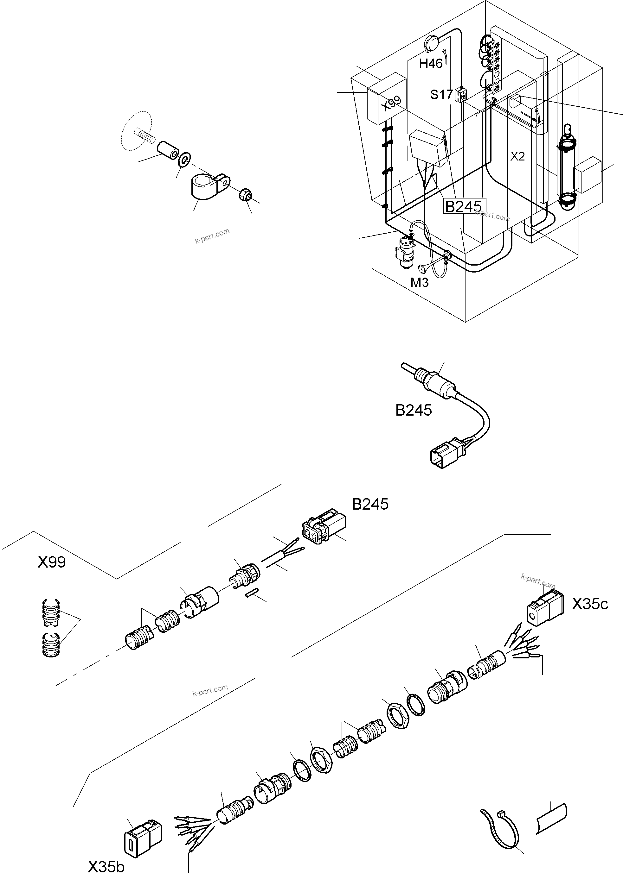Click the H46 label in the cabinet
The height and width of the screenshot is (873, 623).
(431, 63)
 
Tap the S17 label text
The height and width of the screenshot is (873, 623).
(441, 94)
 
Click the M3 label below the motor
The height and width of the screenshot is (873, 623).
(419, 282)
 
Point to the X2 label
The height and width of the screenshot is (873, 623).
(517, 156)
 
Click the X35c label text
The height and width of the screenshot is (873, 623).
(590, 604)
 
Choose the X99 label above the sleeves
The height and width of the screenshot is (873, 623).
(52, 562)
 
